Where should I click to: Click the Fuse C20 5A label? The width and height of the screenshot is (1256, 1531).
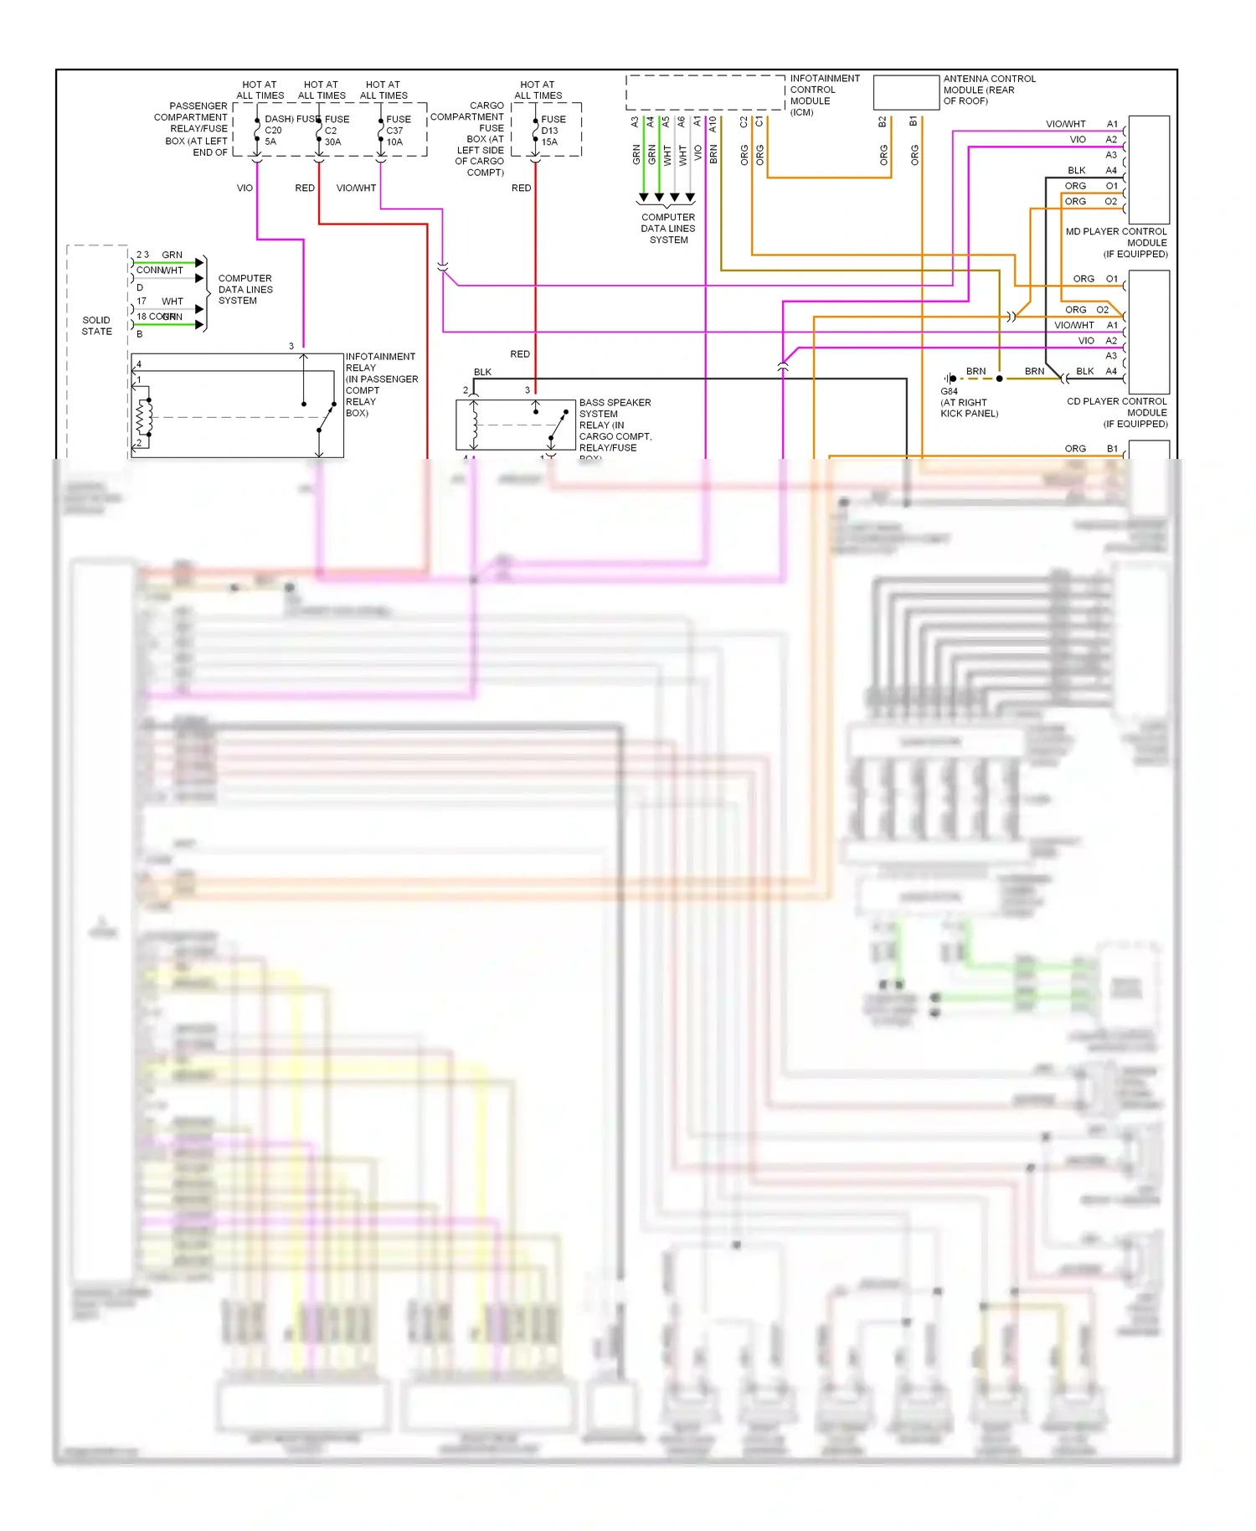pos(273,131)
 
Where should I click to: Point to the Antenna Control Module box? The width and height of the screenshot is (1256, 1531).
pos(906,92)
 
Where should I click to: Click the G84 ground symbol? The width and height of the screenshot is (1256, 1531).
pos(950,379)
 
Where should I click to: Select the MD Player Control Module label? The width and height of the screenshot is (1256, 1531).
pos(1116,243)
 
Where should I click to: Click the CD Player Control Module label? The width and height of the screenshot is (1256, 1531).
pos(1117,412)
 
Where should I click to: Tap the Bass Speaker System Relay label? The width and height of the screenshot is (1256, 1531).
pos(615,425)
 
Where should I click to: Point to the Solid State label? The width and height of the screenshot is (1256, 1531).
pos(96,326)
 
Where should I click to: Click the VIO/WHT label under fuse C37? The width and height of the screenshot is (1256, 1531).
pos(356,188)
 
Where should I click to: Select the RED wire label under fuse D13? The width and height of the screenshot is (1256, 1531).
pos(521,188)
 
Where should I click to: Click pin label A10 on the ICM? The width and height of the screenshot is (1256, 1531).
pos(713,123)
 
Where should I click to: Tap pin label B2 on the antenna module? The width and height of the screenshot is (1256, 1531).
pos(882,122)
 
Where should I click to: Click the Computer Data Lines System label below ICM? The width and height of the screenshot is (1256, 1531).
pos(668,229)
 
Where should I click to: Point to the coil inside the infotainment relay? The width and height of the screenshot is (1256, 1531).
pos(144,418)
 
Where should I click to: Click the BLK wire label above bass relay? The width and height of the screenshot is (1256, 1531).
pos(482,372)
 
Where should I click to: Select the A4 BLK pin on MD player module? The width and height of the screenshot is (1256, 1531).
pos(1111,170)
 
